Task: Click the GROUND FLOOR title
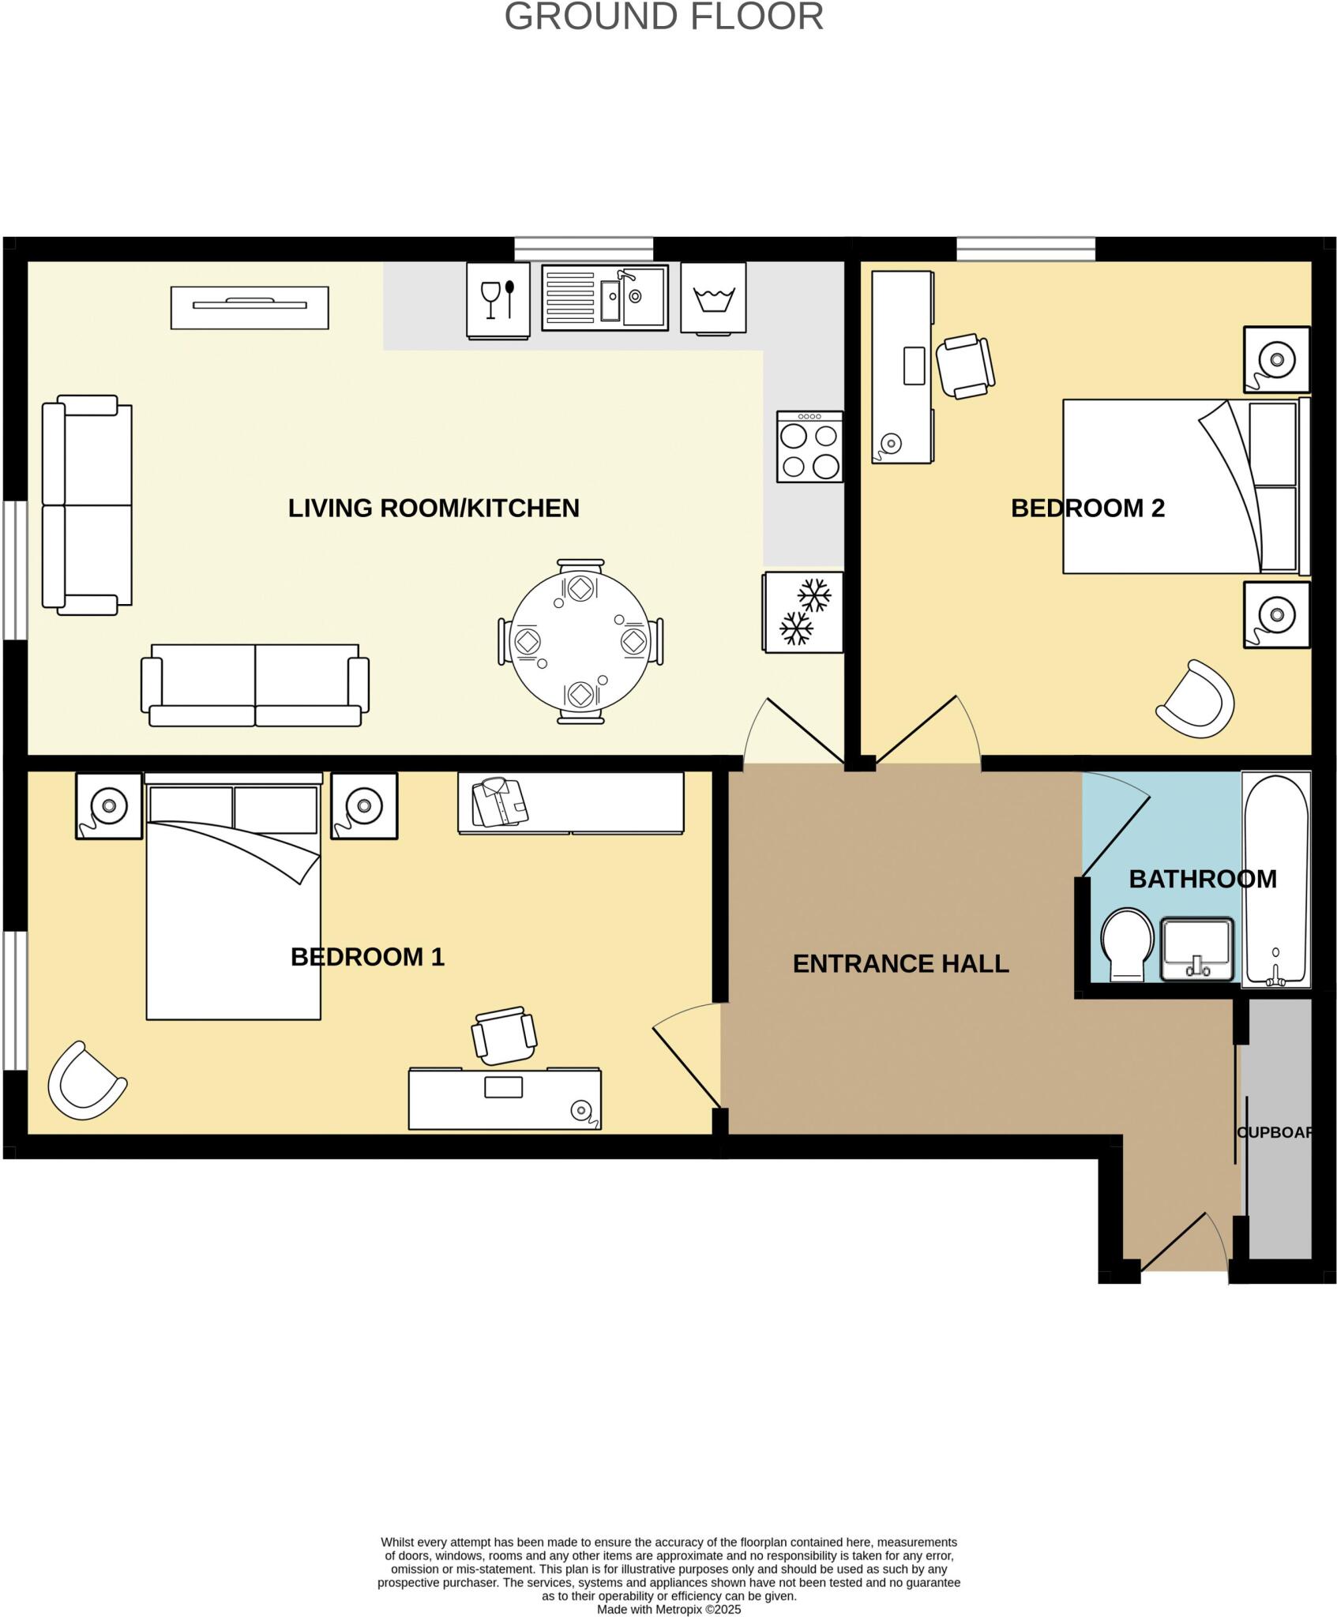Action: (663, 17)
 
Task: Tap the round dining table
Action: (581, 641)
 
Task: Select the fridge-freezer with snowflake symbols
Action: (802, 612)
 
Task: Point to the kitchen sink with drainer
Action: (605, 297)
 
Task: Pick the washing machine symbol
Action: (713, 298)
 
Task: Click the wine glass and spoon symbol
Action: (498, 299)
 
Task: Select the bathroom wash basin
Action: (1197, 948)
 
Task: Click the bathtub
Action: (1275, 879)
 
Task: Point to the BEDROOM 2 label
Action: (1087, 508)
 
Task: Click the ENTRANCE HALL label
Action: (900, 963)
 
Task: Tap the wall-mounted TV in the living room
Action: (250, 307)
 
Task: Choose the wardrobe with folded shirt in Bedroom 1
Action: (570, 802)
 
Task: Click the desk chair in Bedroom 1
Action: (504, 1035)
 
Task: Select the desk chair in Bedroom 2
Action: (964, 366)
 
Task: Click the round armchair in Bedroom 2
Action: (1196, 700)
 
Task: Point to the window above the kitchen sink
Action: (584, 249)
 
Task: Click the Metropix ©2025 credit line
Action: (668, 1609)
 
